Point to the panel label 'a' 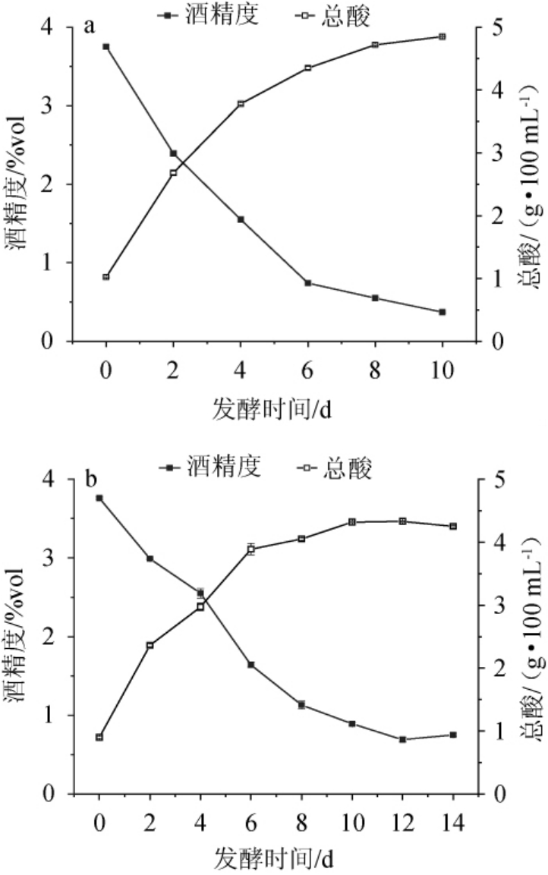click(x=90, y=27)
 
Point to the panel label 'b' click(x=91, y=480)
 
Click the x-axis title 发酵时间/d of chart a click(x=272, y=410)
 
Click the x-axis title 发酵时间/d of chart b click(x=272, y=861)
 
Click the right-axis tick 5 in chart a click(x=493, y=27)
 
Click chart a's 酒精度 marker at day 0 click(x=106, y=46)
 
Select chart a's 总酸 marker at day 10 click(x=442, y=36)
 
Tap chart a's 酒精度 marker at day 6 click(x=307, y=283)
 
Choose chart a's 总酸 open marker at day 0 click(x=106, y=277)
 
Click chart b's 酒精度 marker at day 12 click(x=402, y=739)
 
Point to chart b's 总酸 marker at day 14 click(x=452, y=526)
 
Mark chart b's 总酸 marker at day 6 click(x=250, y=549)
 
